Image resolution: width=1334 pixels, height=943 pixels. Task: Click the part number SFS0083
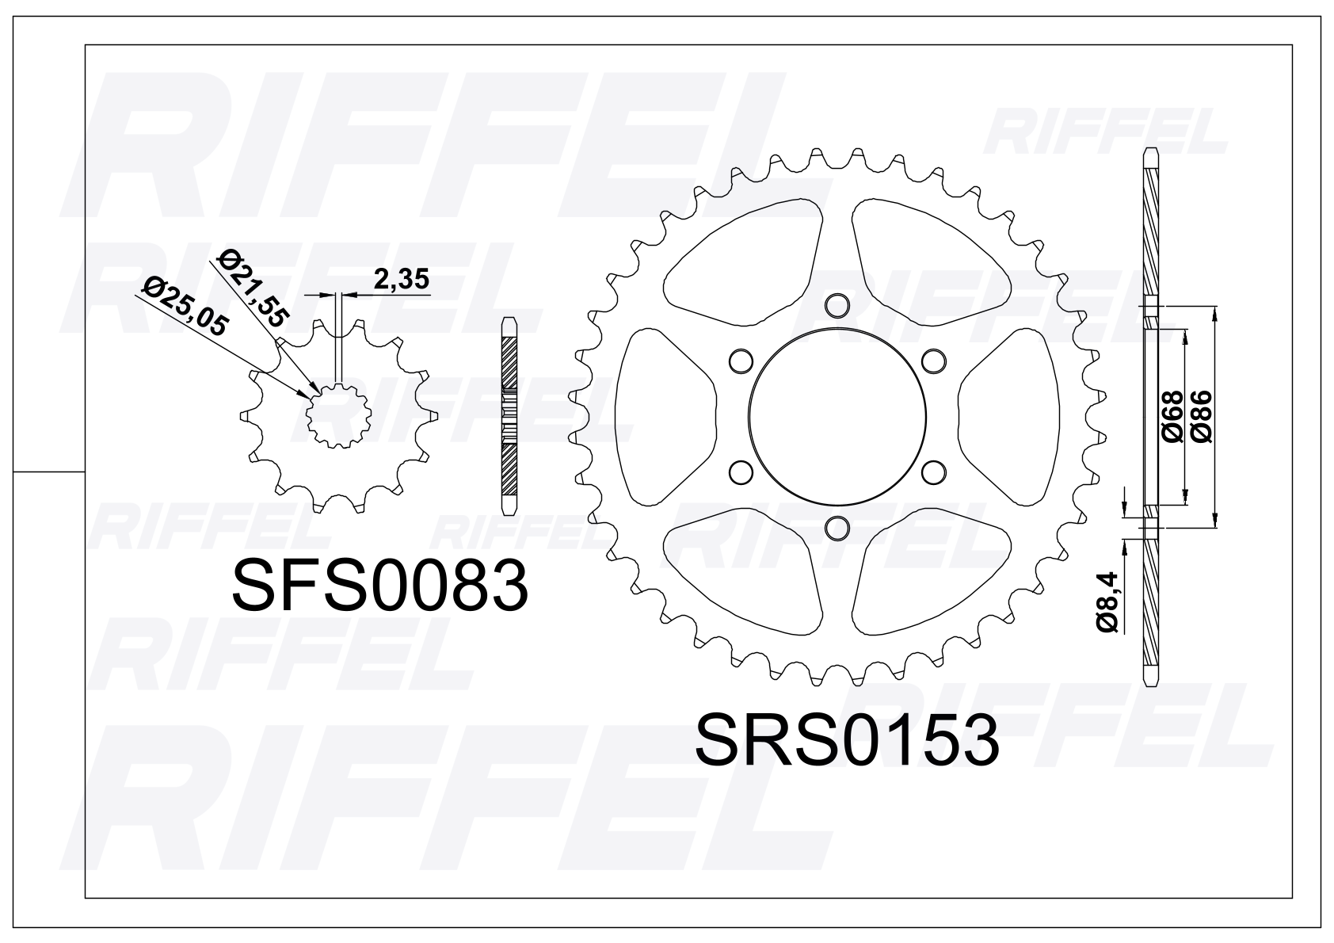[379, 586]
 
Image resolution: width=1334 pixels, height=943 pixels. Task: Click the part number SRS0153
[846, 742]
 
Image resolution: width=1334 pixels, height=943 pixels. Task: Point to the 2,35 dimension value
[401, 280]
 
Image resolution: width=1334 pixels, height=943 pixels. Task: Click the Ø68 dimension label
[1172, 416]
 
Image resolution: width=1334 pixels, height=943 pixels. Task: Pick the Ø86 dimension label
[1201, 416]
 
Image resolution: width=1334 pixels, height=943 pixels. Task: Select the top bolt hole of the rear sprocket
[837, 306]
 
